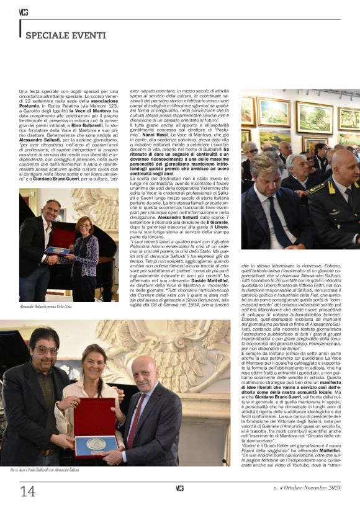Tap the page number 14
28,490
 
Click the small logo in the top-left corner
23,12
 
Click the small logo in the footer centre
179,489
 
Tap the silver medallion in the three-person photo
96,444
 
